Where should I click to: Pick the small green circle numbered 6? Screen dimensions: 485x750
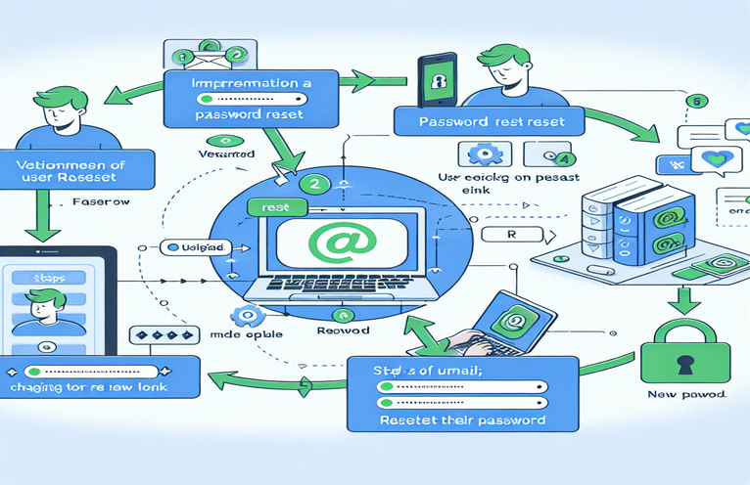pyautogui.click(x=696, y=100)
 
